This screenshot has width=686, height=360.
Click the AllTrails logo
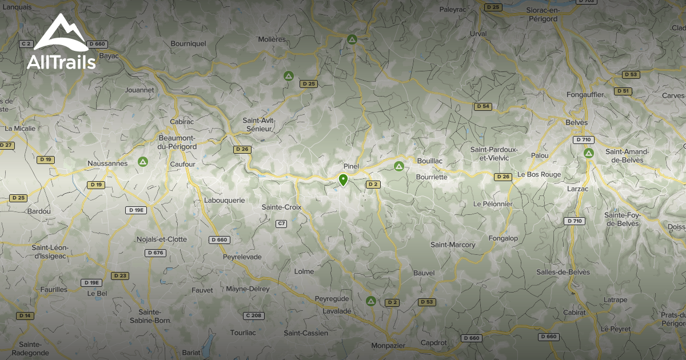pyautogui.click(x=62, y=42)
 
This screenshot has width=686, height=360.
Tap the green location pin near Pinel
pyautogui.click(x=343, y=181)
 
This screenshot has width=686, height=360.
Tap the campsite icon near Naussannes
pyautogui.click(x=142, y=162)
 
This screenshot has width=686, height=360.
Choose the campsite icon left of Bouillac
pyautogui.click(x=399, y=166)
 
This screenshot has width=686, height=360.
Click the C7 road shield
pyautogui.click(x=281, y=223)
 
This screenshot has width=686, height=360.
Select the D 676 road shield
pyautogui.click(x=155, y=253)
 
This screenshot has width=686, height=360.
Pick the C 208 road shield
pyautogui.click(x=253, y=315)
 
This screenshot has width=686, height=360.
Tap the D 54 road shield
pyautogui.click(x=483, y=106)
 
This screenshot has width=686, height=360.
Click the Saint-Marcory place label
pyautogui.click(x=453, y=245)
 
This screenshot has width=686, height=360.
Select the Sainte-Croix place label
pyautogui.click(x=281, y=207)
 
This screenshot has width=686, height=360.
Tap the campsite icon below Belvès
pyautogui.click(x=589, y=153)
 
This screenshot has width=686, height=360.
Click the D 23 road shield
pyautogui.click(x=120, y=275)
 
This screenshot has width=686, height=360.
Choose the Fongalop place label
pyautogui.click(x=503, y=238)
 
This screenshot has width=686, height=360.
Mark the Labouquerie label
pyautogui.click(x=225, y=201)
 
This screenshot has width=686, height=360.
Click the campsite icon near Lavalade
pyautogui.click(x=370, y=301)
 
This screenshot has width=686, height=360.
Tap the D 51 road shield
pyautogui.click(x=623, y=91)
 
